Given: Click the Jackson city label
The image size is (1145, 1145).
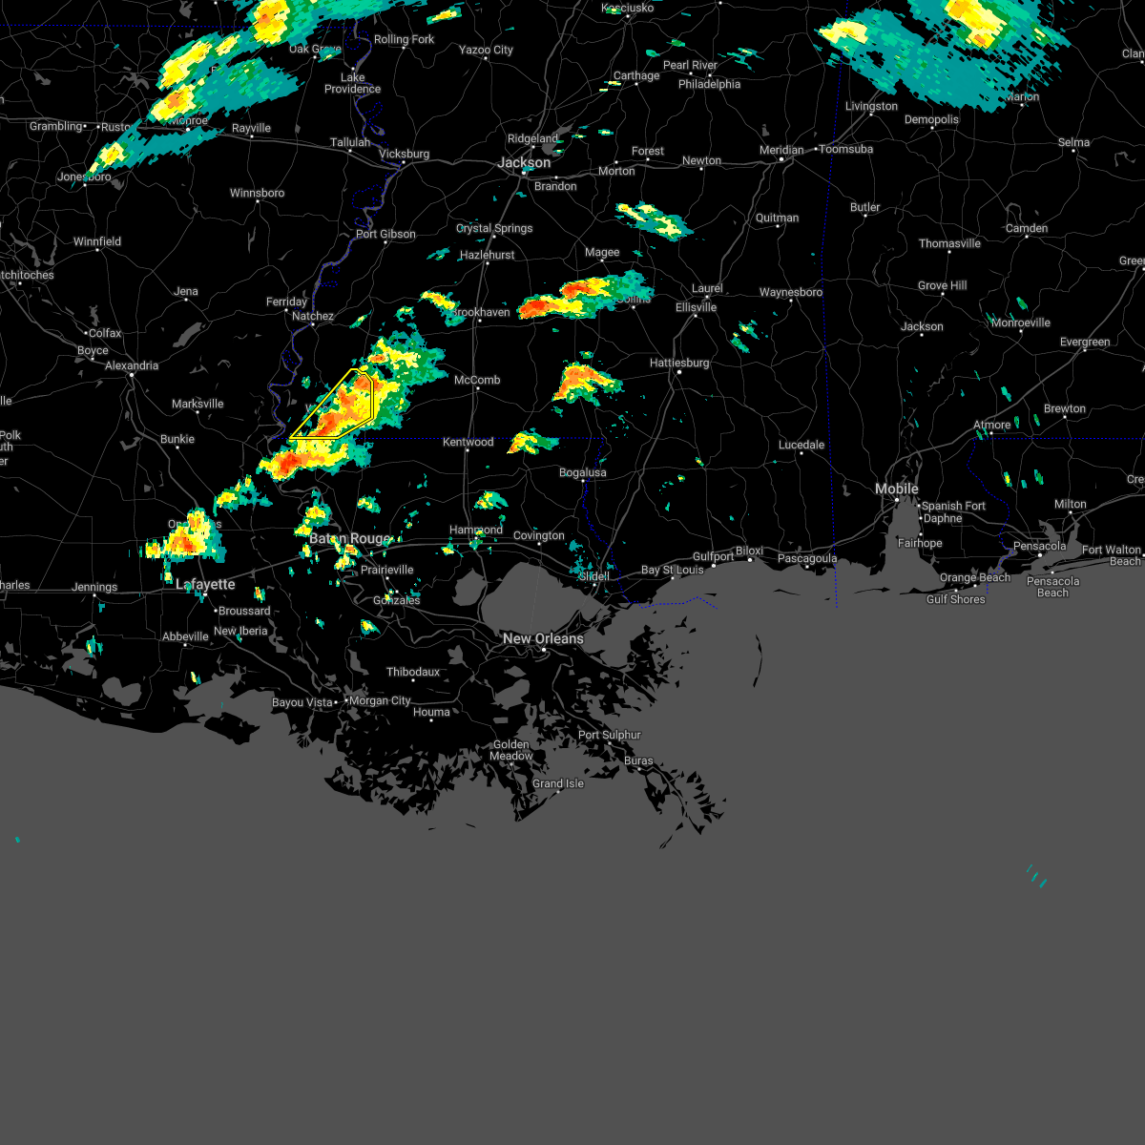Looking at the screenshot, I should tap(524, 163).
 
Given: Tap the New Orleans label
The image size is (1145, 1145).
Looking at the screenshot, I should tap(543, 638).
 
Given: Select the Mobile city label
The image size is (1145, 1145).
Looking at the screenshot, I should tap(897, 489).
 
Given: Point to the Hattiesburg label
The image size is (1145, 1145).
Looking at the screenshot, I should tap(679, 363).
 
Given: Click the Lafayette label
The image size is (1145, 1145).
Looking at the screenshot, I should tap(205, 584).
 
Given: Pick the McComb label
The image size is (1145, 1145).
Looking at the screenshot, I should tap(477, 380).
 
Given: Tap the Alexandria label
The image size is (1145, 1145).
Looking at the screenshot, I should tap(132, 365).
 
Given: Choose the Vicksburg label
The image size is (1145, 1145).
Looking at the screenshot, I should tap(405, 154).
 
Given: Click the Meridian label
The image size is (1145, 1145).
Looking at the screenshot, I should tap(782, 150).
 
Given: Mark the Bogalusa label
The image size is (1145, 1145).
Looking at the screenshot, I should tap(582, 472).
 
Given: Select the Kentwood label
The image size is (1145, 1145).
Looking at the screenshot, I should tap(468, 442).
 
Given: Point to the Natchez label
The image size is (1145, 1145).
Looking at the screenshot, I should tap(313, 316).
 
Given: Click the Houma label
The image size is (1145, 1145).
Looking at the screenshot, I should tap(431, 712).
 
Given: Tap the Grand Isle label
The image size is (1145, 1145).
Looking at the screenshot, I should tap(558, 783).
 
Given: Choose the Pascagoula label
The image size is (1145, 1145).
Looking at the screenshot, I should tap(807, 558).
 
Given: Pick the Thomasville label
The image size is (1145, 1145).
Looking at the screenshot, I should tap(949, 243).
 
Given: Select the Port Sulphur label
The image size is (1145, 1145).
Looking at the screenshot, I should tap(610, 735).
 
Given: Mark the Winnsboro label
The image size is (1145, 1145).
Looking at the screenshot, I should tap(258, 193).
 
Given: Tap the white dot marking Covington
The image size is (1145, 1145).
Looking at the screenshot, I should tap(540, 546).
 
